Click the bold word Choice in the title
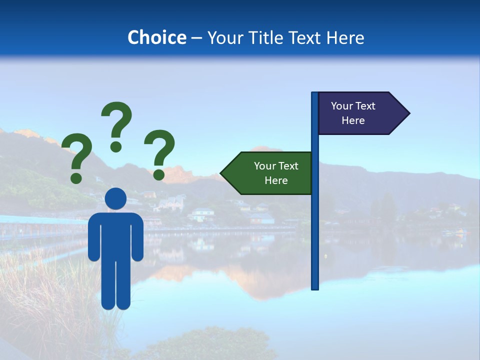[156, 37]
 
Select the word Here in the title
[345, 37]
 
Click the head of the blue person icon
[115, 198]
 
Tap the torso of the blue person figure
[115, 235]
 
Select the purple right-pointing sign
[357, 113]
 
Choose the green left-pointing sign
[270, 173]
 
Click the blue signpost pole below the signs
[315, 240]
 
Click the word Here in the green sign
[276, 180]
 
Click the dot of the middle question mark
[116, 146]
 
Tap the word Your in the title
[224, 37]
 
